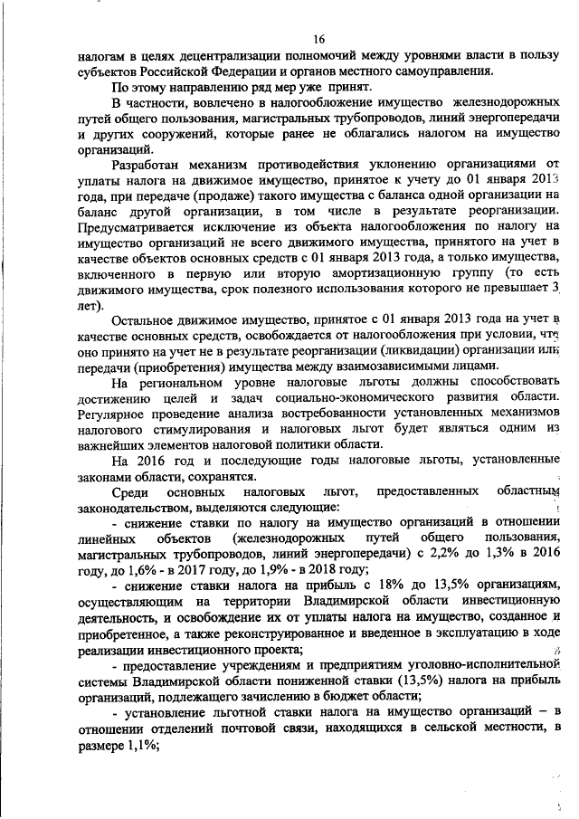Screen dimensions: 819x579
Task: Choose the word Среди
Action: coord(129,491)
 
